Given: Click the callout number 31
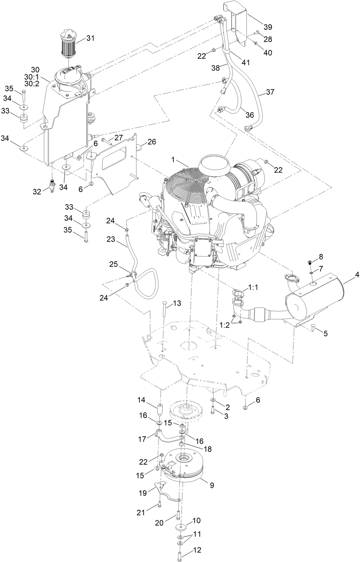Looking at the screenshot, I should (90, 38).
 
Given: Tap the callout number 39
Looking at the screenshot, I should (268, 27).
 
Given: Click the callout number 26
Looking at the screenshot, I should (152, 142).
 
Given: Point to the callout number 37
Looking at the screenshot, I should (270, 92).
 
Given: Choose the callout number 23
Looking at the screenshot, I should (111, 240).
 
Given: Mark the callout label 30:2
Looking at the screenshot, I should (33, 83).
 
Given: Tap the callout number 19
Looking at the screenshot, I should (143, 493).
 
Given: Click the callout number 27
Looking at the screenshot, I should (118, 138).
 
